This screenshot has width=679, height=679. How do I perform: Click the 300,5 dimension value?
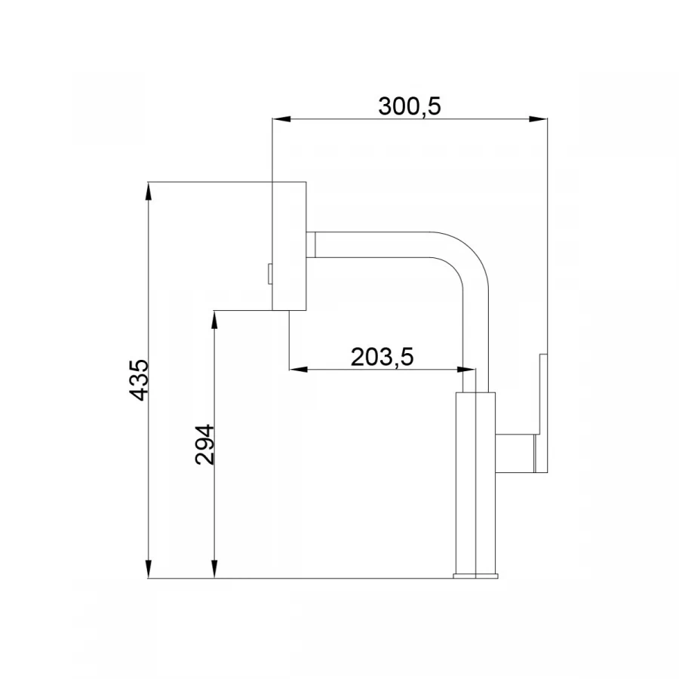tap(409, 106)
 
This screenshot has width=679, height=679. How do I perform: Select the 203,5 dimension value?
tap(382, 357)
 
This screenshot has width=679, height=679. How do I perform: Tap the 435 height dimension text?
tap(139, 379)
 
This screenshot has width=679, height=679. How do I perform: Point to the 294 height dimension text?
tap(204, 444)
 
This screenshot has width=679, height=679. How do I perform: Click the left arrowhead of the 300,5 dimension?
tap(281, 119)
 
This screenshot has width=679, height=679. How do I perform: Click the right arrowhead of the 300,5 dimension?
tap(538, 119)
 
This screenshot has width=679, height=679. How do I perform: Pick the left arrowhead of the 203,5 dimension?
tap(298, 370)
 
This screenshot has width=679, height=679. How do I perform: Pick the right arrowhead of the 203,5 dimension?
tap(466, 370)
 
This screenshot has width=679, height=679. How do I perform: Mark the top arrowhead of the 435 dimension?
tap(149, 191)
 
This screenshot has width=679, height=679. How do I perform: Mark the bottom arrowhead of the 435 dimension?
tap(149, 569)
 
